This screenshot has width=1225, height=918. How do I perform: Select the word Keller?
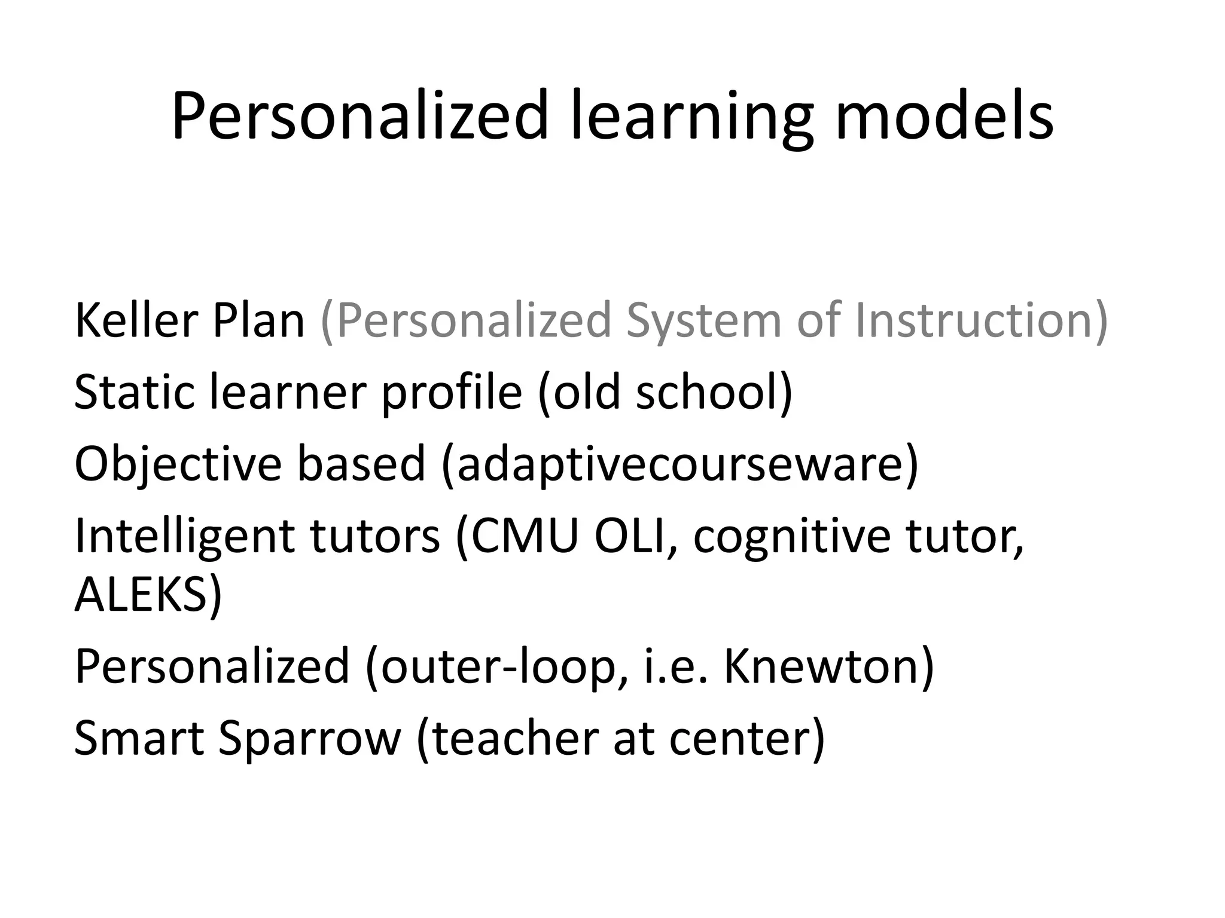pyautogui.click(x=136, y=321)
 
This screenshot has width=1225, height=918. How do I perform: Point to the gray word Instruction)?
pyautogui.click(x=982, y=321)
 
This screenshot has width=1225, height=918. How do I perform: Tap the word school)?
pyautogui.click(x=714, y=392)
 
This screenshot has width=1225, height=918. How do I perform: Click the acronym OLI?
pyautogui.click(x=636, y=536)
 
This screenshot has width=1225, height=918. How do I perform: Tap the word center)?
pyautogui.click(x=747, y=739)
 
